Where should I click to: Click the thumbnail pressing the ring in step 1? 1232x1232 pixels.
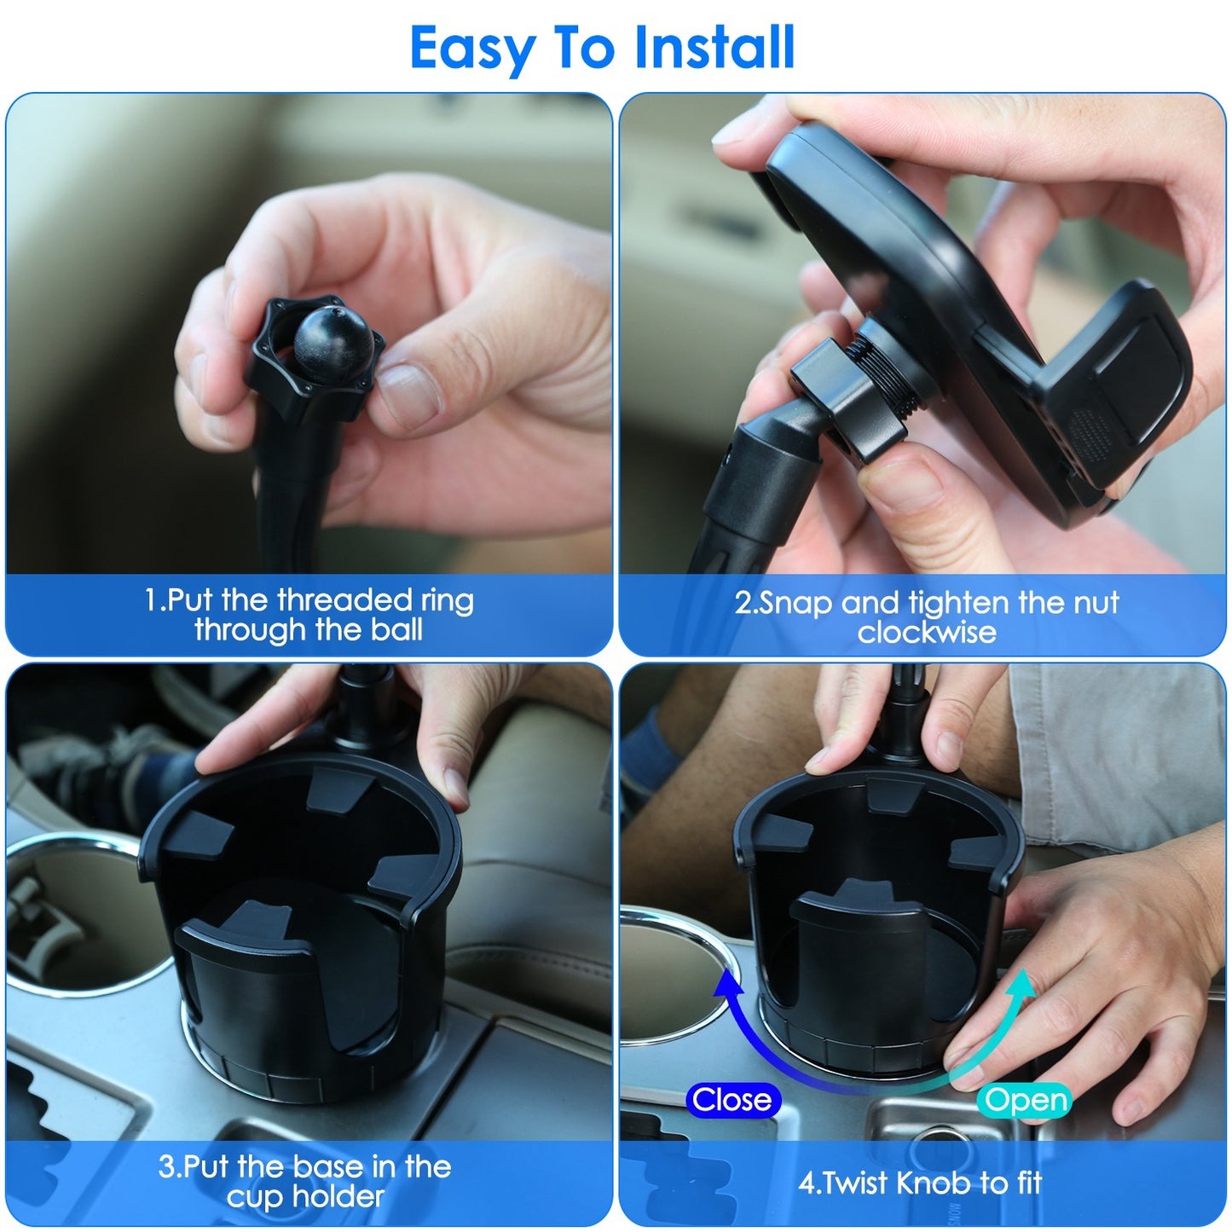407,395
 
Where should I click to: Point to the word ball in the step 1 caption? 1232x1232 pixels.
396,630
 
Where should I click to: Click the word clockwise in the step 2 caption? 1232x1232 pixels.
926,633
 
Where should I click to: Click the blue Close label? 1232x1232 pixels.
732,1100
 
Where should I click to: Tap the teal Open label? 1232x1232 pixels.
1024,1100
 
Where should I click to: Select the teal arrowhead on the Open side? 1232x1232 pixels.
1020,987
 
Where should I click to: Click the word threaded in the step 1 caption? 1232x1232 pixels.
344,600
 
